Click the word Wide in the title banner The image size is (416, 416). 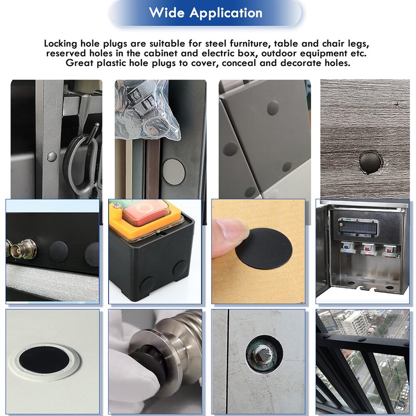[x=166, y=12]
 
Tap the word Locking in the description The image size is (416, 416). [x=61, y=44]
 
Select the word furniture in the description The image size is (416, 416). [x=251, y=44]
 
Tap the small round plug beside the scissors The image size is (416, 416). [x=51, y=157]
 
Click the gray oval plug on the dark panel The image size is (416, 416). [x=174, y=172]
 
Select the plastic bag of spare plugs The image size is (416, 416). [x=147, y=110]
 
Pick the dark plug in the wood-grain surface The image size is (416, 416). [x=370, y=163]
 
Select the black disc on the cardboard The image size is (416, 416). [x=264, y=249]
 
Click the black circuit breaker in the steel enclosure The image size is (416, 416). [x=358, y=228]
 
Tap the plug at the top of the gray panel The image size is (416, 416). [x=272, y=108]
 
